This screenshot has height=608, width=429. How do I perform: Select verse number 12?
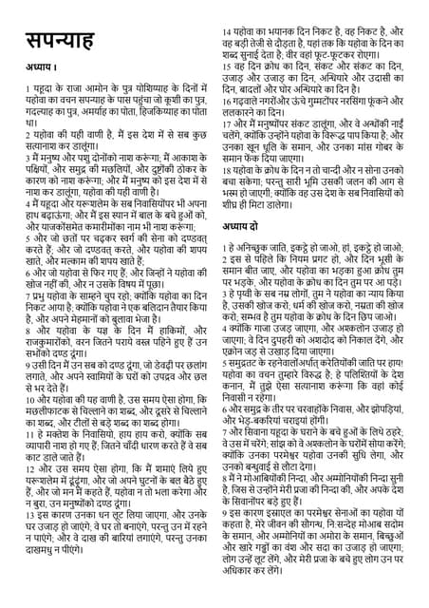[x=31, y=469]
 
